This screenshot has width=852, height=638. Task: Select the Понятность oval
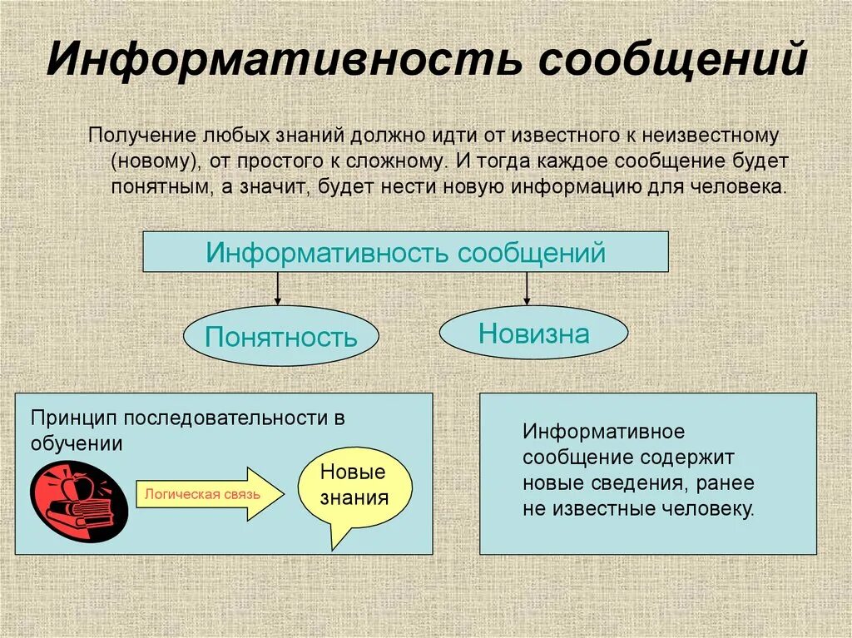click(x=280, y=337)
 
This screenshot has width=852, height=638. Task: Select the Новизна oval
click(x=533, y=334)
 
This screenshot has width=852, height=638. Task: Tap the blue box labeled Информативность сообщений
click(x=405, y=252)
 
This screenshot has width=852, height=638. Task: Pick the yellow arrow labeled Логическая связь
click(x=206, y=494)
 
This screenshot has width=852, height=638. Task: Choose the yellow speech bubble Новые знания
click(x=354, y=487)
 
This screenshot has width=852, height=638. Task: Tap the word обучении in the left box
click(x=77, y=443)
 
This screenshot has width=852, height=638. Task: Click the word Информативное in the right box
click(x=603, y=433)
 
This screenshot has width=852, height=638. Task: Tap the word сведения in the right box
click(x=637, y=483)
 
